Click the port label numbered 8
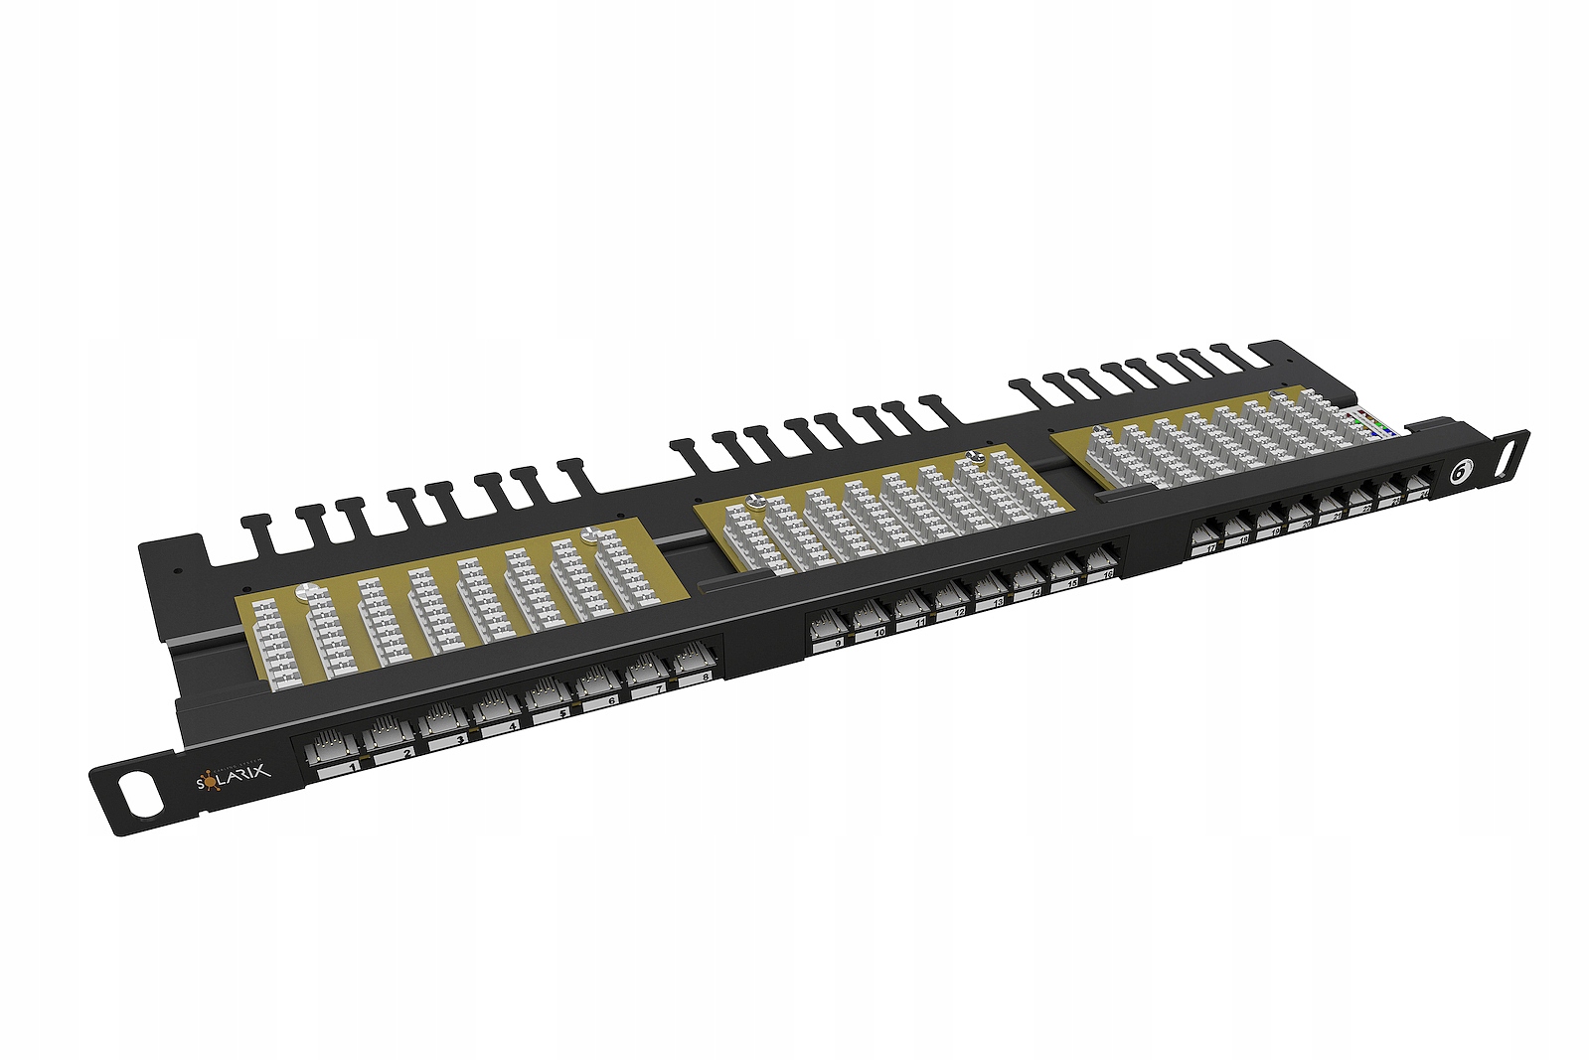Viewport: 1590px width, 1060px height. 705,678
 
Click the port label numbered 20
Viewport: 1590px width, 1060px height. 1306,525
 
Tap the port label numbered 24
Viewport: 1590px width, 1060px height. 1424,494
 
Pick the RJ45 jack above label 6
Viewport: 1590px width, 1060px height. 597,682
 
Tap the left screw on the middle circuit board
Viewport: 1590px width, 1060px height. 754,502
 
